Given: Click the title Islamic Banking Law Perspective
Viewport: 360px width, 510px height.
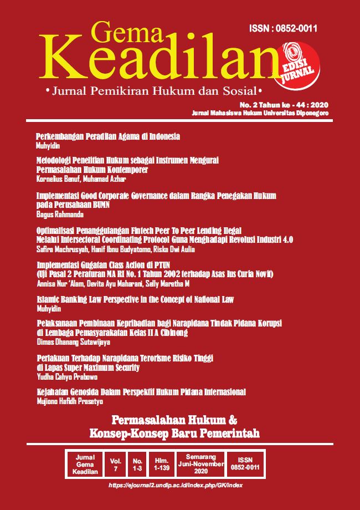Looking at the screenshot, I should point(135,299).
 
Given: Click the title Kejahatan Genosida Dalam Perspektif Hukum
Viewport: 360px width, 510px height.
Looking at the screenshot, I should point(141,392).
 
